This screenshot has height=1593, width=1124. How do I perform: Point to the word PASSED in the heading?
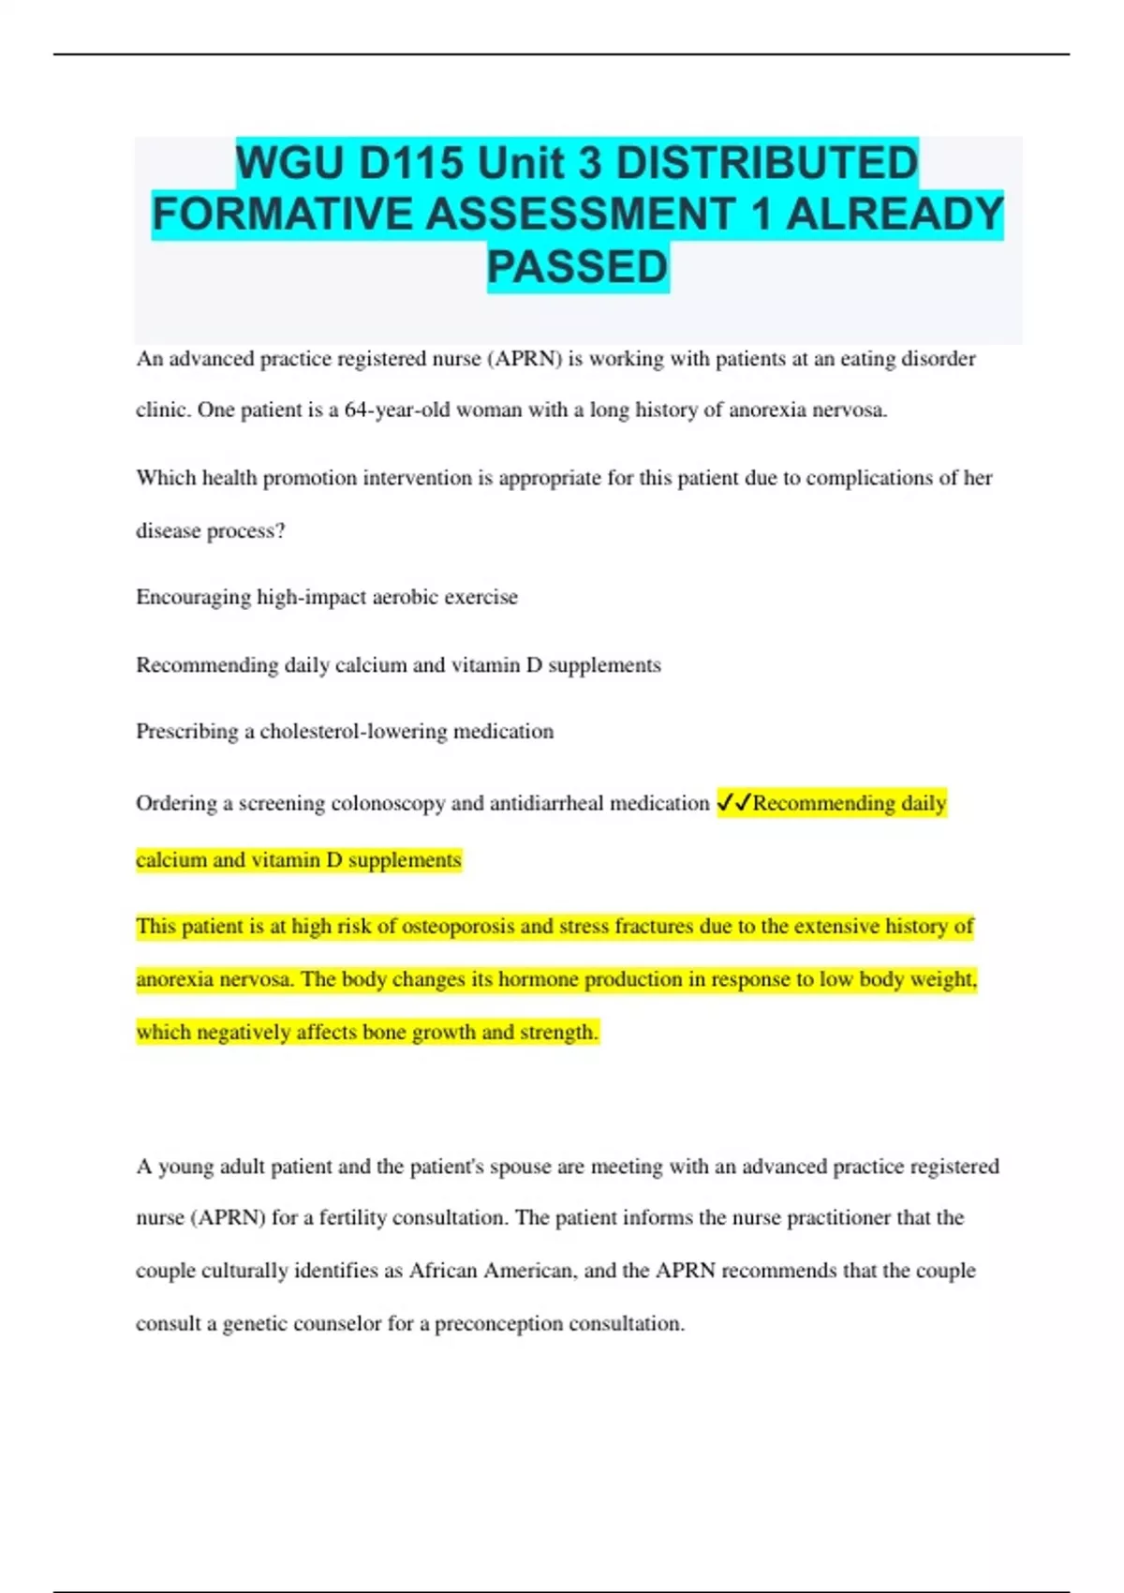click(577, 267)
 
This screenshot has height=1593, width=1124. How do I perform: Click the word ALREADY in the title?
click(894, 215)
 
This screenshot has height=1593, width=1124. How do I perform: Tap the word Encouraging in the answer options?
click(193, 598)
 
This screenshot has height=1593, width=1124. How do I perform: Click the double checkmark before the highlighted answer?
click(733, 803)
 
